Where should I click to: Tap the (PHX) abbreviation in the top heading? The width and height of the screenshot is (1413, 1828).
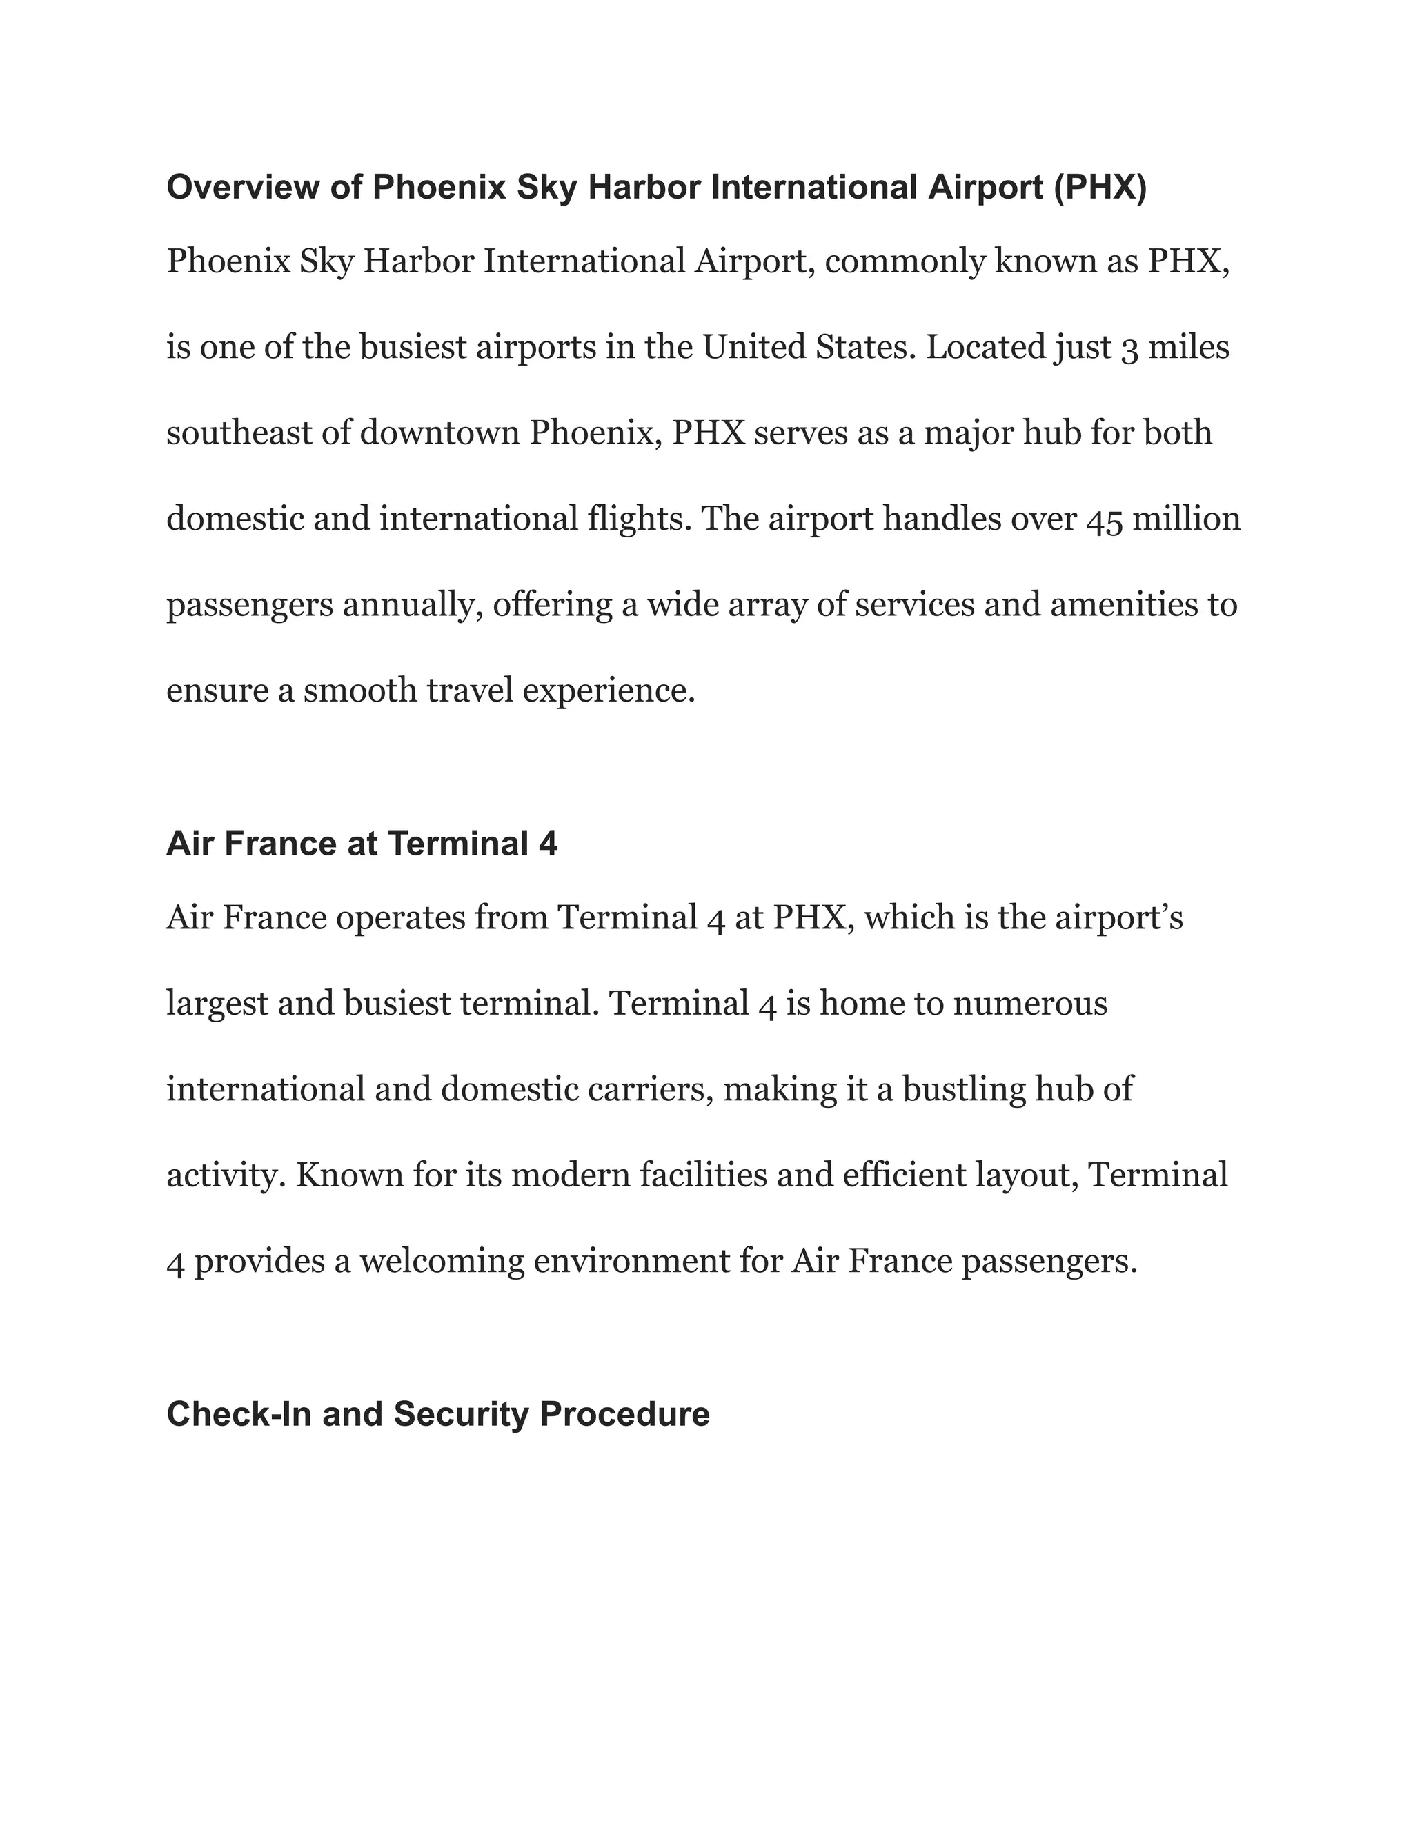tap(1100, 188)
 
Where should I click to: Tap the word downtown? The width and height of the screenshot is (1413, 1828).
tap(440, 434)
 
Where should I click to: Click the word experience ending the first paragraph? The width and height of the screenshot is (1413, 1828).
tap(609, 692)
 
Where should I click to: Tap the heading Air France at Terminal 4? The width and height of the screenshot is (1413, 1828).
tap(362, 844)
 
